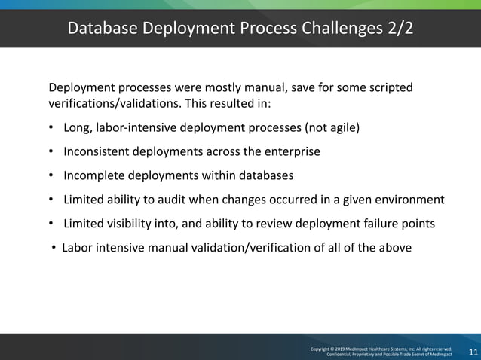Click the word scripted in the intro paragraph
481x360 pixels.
click(x=389, y=87)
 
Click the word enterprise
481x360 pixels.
click(x=292, y=151)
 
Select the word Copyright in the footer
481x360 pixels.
click(x=323, y=349)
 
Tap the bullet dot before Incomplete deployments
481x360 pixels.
click(x=51, y=175)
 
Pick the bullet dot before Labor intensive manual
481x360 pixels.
click(x=54, y=247)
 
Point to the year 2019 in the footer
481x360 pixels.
click(x=349, y=349)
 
